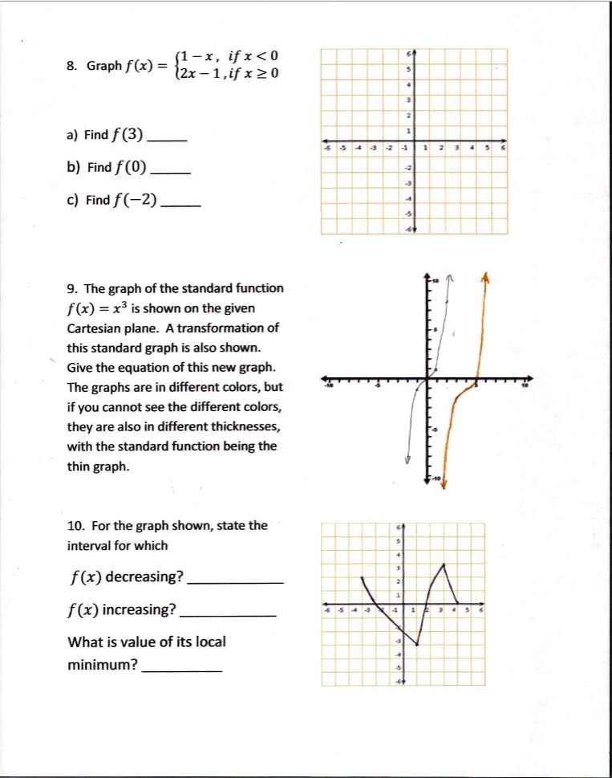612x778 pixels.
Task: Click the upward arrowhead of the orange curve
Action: tap(484, 277)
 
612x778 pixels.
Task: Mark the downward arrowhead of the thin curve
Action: tap(407, 460)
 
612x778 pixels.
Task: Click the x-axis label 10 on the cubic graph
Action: tap(525, 386)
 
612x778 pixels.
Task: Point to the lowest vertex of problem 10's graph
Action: tap(417, 644)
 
